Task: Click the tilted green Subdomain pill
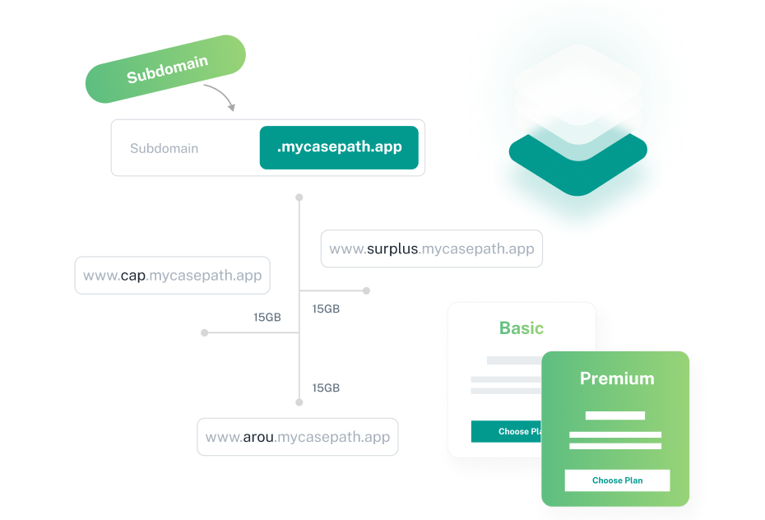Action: pyautogui.click(x=165, y=69)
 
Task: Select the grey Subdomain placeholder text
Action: pyautogui.click(x=164, y=148)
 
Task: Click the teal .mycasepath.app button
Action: pyautogui.click(x=339, y=147)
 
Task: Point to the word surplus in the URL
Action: pyautogui.click(x=392, y=248)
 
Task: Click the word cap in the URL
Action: pyautogui.click(x=132, y=276)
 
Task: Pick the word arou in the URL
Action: pyautogui.click(x=258, y=437)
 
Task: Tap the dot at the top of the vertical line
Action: pyautogui.click(x=299, y=197)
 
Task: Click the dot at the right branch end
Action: pyautogui.click(x=366, y=290)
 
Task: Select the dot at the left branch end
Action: pyautogui.click(x=205, y=332)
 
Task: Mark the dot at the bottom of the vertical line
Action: pyautogui.click(x=299, y=402)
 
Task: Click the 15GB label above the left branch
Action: pyautogui.click(x=267, y=317)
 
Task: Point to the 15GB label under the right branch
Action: pyautogui.click(x=326, y=309)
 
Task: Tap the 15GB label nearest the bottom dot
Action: pyautogui.click(x=326, y=388)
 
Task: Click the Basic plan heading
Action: pyautogui.click(x=521, y=328)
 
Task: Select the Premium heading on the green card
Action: pyautogui.click(x=617, y=378)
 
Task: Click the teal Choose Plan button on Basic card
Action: pyautogui.click(x=507, y=431)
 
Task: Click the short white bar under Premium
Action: pyautogui.click(x=614, y=416)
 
